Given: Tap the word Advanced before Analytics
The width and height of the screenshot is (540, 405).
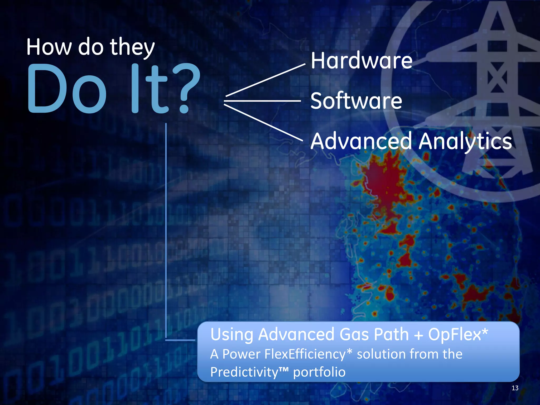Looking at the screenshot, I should pyautogui.click(x=361, y=141).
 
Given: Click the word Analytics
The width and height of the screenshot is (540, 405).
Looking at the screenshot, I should pyautogui.click(x=465, y=142).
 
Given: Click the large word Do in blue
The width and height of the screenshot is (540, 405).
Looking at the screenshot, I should pyautogui.click(x=67, y=88).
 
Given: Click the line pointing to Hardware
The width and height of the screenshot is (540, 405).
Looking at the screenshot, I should pyautogui.click(x=265, y=80).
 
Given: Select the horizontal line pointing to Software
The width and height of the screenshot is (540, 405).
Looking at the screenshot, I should pyautogui.click(x=262, y=101).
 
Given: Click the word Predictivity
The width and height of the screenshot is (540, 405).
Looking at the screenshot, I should pyautogui.click(x=244, y=372).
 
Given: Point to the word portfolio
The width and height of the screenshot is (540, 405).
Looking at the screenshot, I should pyautogui.click(x=319, y=372).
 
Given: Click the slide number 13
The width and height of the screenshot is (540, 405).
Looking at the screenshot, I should pyautogui.click(x=515, y=388).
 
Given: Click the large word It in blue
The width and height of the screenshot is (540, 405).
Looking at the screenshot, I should pyautogui.click(x=149, y=88).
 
